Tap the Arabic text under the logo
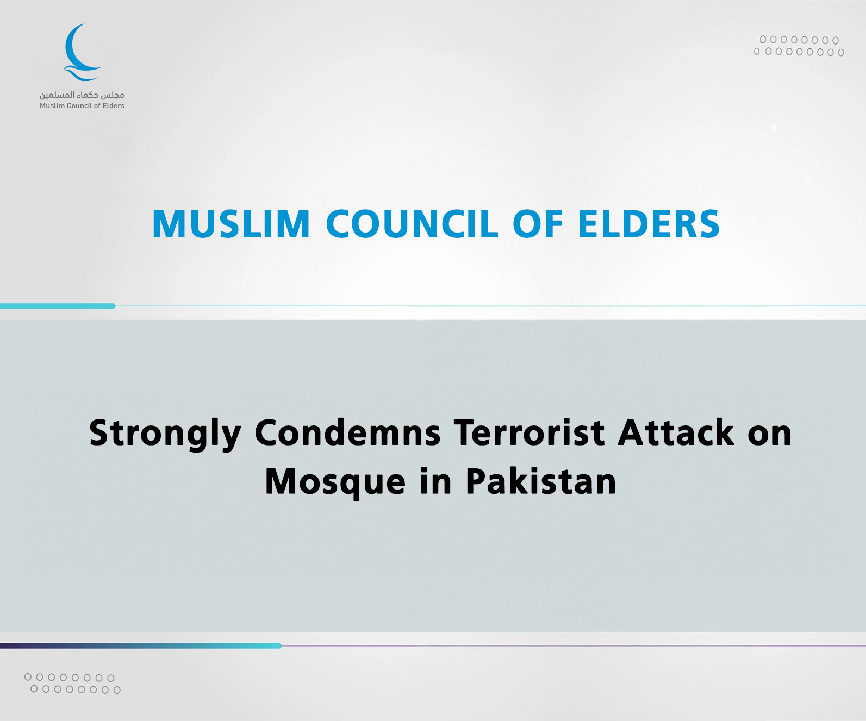(x=82, y=95)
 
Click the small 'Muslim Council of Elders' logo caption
(x=82, y=106)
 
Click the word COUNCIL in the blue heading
(x=412, y=224)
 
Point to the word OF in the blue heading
(x=538, y=224)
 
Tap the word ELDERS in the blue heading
(x=649, y=224)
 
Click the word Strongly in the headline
(x=165, y=434)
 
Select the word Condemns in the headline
(x=347, y=433)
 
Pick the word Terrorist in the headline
(x=529, y=433)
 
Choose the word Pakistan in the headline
(x=541, y=481)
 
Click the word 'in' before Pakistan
(x=435, y=481)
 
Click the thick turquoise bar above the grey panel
(x=58, y=306)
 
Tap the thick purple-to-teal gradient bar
(x=141, y=645)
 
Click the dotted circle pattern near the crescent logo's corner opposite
(x=799, y=46)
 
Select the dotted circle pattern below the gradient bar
(x=73, y=684)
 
